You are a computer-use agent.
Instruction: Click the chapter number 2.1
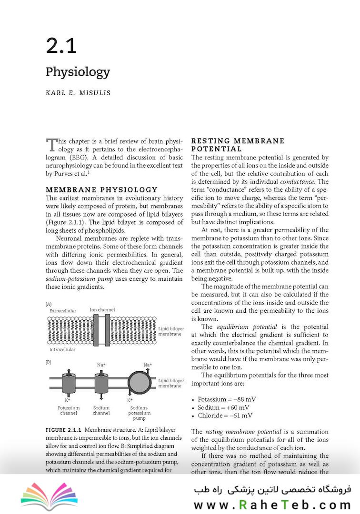click(61, 46)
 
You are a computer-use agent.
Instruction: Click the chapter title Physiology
click(78, 72)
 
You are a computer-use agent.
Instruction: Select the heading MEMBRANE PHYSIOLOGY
click(101, 189)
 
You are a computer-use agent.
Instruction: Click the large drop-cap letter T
click(51, 145)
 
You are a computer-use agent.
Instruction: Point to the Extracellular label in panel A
click(62, 311)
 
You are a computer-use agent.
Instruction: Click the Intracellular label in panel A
click(62, 349)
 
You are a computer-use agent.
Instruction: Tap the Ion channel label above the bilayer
click(102, 310)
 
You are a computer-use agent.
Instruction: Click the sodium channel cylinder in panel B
click(101, 382)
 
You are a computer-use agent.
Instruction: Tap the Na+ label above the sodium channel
click(101, 365)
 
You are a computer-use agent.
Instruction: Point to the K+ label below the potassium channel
click(67, 400)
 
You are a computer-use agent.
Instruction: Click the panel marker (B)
click(48, 362)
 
